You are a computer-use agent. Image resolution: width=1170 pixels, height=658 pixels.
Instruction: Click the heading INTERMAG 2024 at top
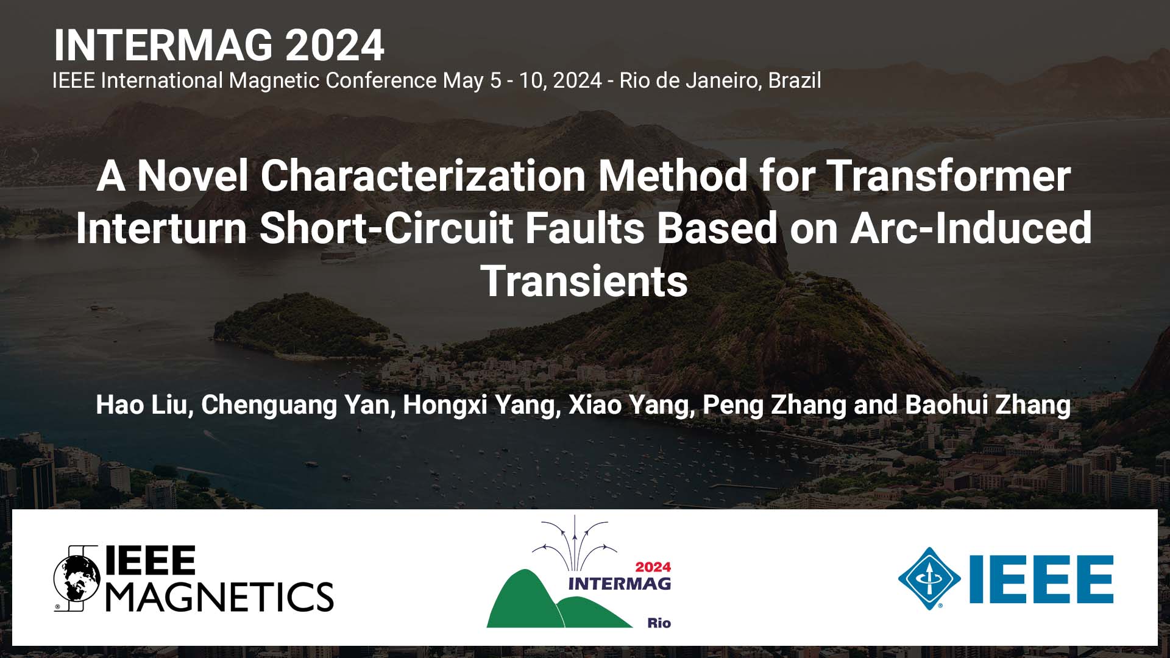tap(219, 45)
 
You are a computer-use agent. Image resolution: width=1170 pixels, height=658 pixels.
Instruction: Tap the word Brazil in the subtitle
tap(795, 80)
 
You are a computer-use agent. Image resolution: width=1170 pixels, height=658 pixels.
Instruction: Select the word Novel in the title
tap(193, 175)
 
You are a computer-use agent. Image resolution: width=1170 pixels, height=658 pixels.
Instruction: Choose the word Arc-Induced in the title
tap(971, 228)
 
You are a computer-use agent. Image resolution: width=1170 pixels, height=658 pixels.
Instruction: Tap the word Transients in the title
tap(584, 281)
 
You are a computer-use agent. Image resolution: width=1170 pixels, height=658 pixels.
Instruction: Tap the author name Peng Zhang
tap(775, 406)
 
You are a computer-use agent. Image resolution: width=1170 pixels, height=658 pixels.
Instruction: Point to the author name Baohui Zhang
tap(988, 406)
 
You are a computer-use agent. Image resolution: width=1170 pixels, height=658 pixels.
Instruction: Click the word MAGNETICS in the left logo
tap(220, 596)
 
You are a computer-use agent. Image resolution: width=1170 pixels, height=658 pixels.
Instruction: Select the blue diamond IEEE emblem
tap(929, 578)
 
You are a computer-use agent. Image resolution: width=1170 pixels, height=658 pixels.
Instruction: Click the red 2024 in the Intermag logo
tap(653, 567)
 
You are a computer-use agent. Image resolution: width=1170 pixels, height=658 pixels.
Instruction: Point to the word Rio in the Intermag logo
tap(659, 623)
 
